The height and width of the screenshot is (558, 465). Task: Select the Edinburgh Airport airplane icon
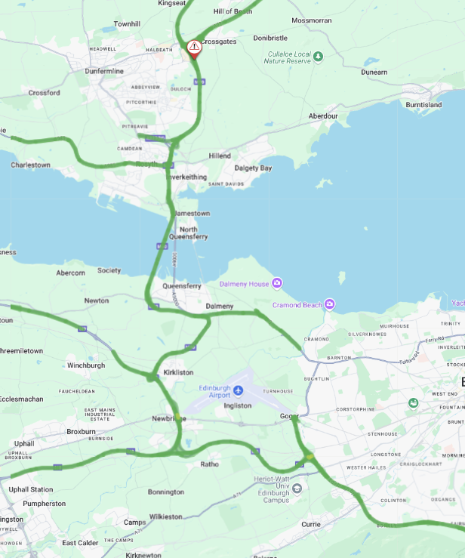pyautogui.click(x=239, y=390)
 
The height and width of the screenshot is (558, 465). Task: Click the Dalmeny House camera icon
pyautogui.click(x=278, y=283)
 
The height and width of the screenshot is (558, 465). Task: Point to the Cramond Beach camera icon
pyautogui.click(x=329, y=304)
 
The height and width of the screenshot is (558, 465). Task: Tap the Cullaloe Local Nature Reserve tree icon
pyautogui.click(x=318, y=56)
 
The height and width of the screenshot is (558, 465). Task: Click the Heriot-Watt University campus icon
pyautogui.click(x=297, y=488)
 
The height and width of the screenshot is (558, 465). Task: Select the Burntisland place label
pyautogui.click(x=423, y=104)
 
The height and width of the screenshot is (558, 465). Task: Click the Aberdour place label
pyautogui.click(x=323, y=116)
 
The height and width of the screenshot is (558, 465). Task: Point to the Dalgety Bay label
pyautogui.click(x=253, y=168)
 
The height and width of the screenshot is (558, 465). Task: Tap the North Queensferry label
pyautogui.click(x=188, y=233)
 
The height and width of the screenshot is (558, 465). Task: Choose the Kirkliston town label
pyautogui.click(x=180, y=373)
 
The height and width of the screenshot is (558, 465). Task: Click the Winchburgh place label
pyautogui.click(x=86, y=365)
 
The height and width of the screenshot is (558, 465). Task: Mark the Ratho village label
pyautogui.click(x=209, y=464)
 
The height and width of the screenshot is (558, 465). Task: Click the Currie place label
pyautogui.click(x=311, y=523)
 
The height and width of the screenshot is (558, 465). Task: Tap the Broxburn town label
pyautogui.click(x=81, y=432)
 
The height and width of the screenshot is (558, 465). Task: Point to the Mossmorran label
pyautogui.click(x=311, y=20)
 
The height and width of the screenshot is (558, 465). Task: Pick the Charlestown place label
pyautogui.click(x=31, y=165)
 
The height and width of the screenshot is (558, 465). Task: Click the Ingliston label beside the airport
pyautogui.click(x=238, y=405)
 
